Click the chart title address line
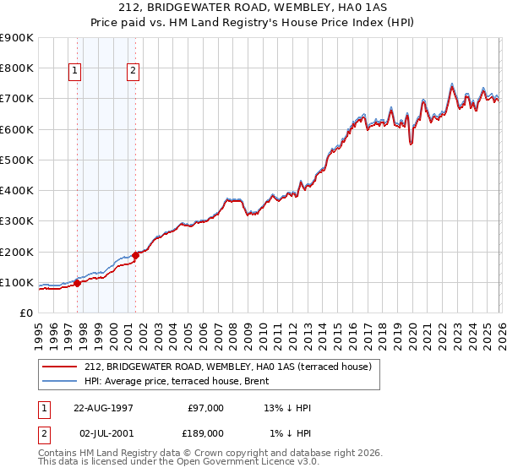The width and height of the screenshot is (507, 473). (253, 8)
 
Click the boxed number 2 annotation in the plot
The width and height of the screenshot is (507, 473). (134, 72)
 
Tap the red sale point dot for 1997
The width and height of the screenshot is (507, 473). (77, 283)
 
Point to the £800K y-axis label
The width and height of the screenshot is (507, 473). (17, 68)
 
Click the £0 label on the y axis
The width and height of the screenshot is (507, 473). (26, 313)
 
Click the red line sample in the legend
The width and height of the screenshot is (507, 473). (59, 367)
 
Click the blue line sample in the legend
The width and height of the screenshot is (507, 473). (59, 381)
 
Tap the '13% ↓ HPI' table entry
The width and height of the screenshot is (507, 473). (287, 408)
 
